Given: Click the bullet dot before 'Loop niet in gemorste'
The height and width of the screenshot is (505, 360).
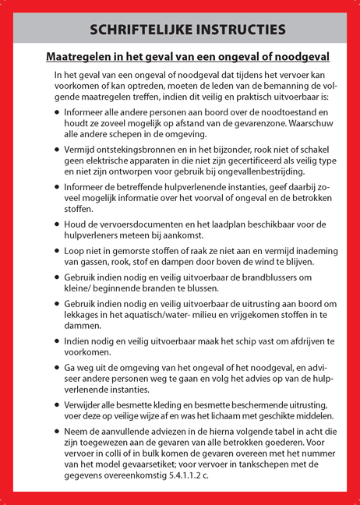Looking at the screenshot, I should pyautogui.click(x=56, y=252).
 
